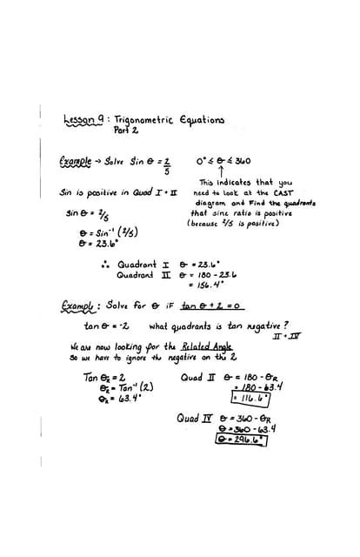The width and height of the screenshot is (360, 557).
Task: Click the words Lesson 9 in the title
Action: click(x=83, y=121)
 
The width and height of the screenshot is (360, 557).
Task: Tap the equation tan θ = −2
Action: click(x=106, y=326)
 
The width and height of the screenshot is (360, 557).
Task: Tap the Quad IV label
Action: click(x=193, y=418)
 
